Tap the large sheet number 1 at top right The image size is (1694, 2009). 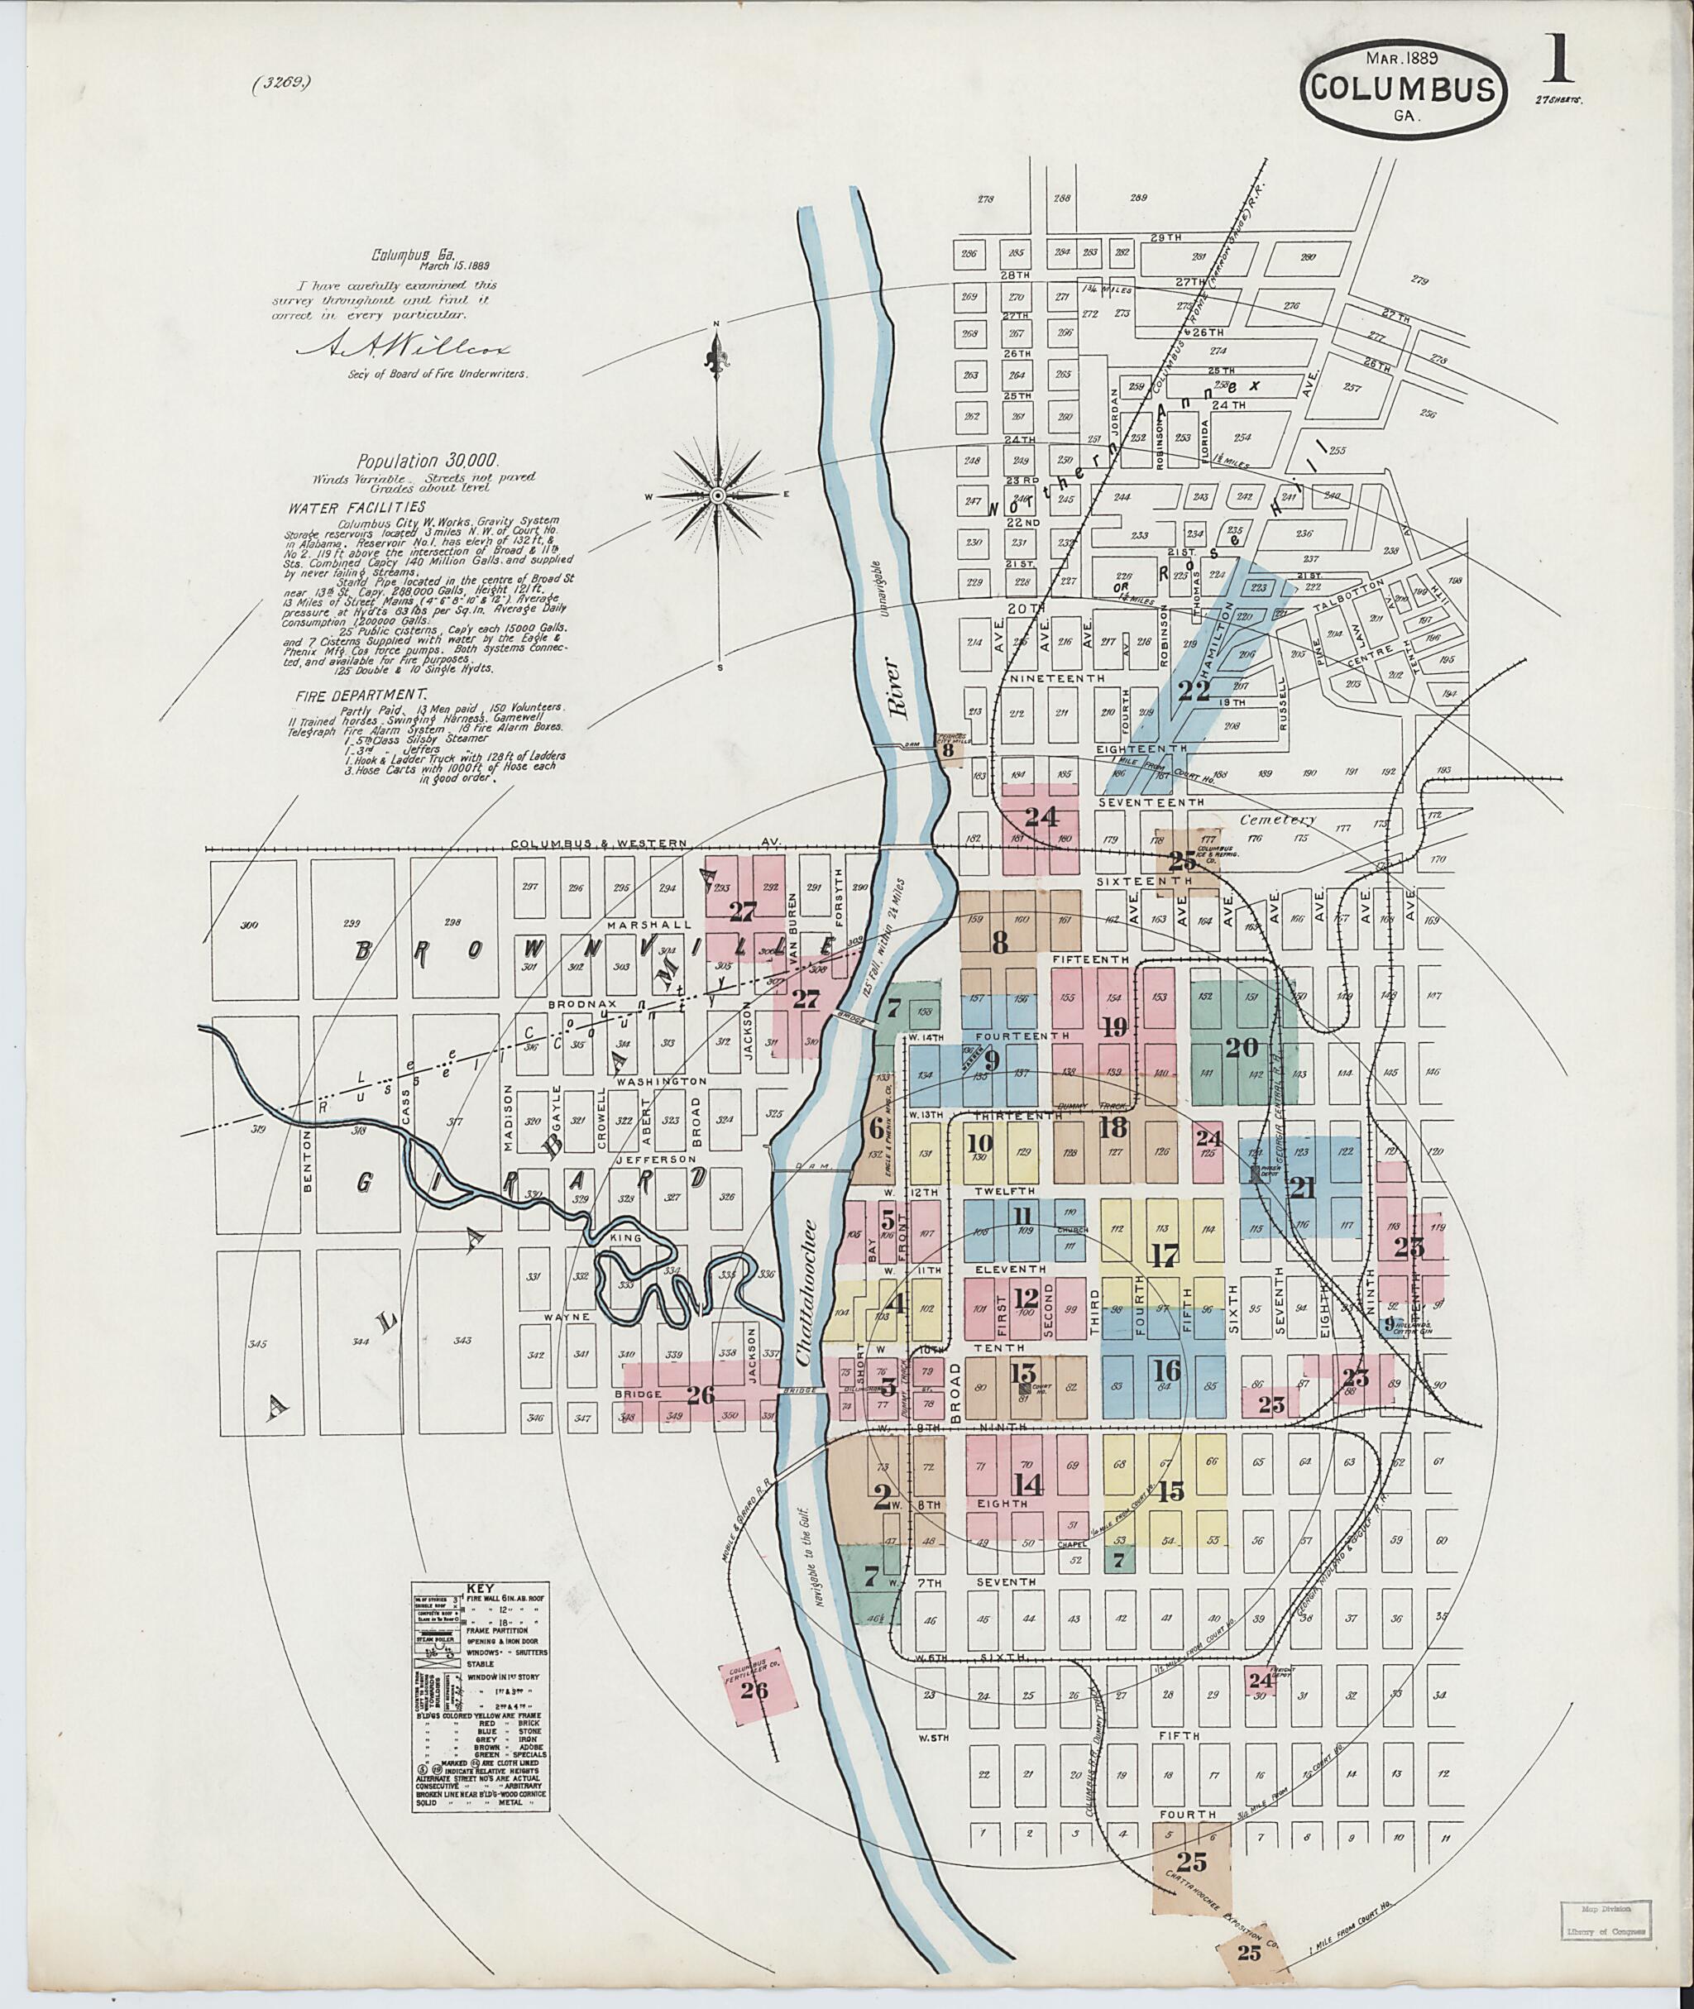[x=1557, y=60]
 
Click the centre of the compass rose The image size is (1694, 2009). [x=717, y=495]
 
